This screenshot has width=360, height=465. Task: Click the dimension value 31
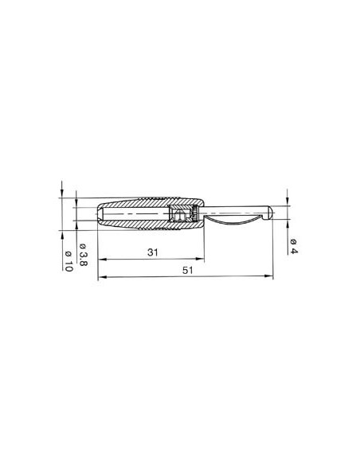coord(151,254)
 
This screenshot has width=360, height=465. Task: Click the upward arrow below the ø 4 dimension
coord(287,225)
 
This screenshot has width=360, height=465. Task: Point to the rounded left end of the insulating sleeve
coord(99,216)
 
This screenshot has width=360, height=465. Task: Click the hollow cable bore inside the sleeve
coord(135,216)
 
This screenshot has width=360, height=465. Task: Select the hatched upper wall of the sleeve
coord(143,205)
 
